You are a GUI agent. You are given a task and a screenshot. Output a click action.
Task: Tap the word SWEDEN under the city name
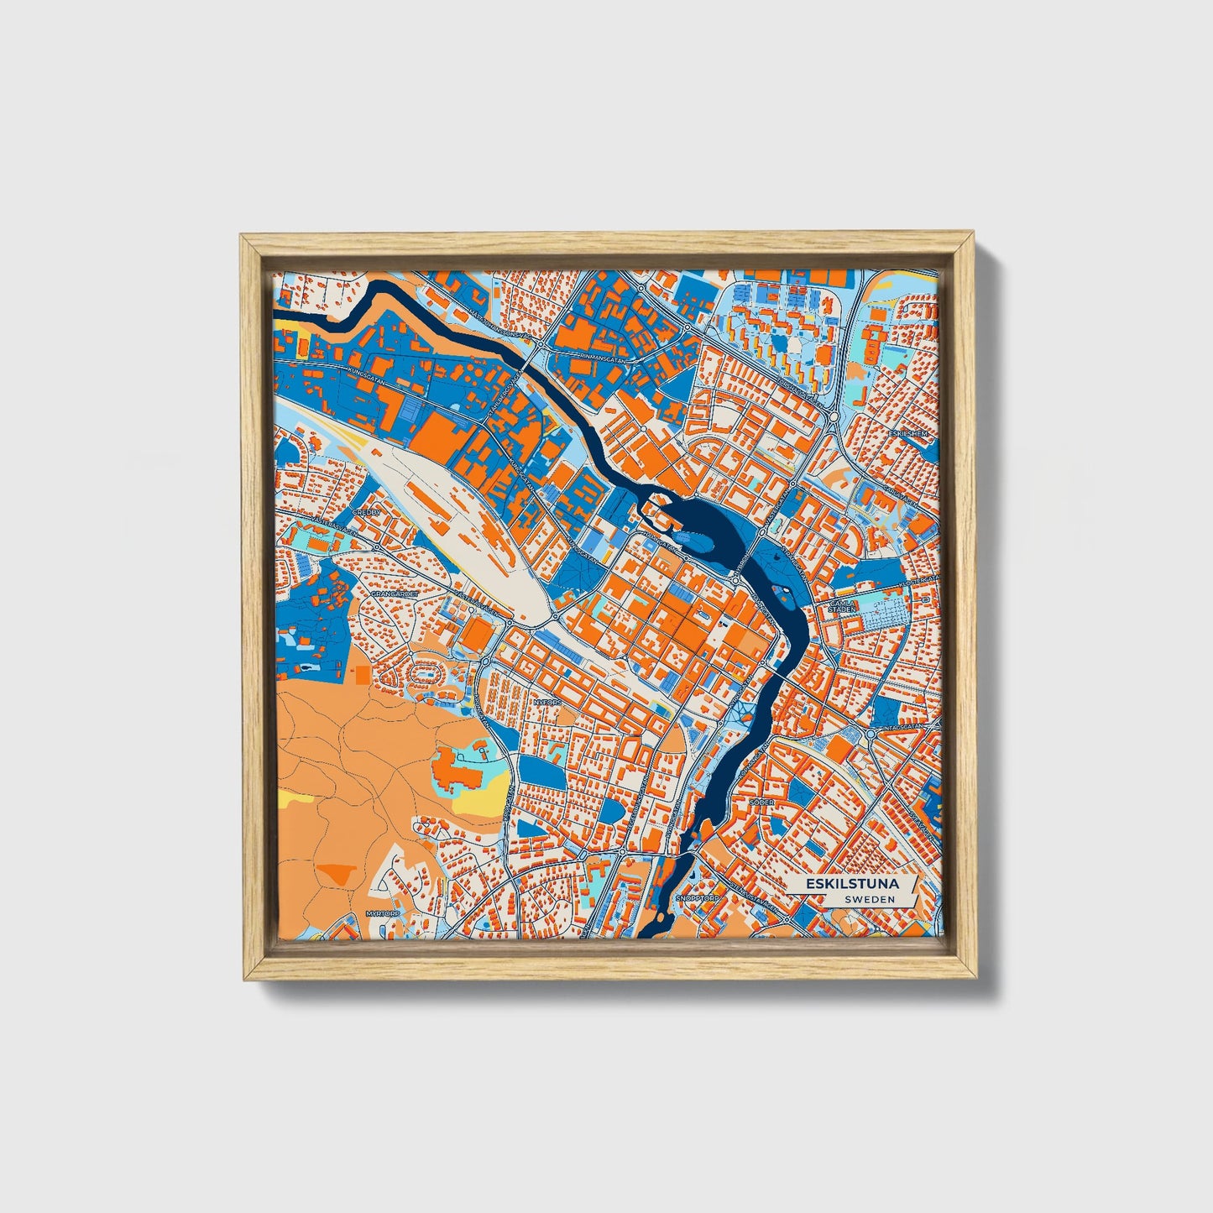click(869, 899)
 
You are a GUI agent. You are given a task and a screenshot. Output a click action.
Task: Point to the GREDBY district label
click(367, 511)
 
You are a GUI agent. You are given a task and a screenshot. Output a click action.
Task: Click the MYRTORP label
click(380, 912)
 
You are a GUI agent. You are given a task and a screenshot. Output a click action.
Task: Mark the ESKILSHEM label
click(913, 434)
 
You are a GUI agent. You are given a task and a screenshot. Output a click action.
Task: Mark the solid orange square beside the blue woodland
click(361, 674)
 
